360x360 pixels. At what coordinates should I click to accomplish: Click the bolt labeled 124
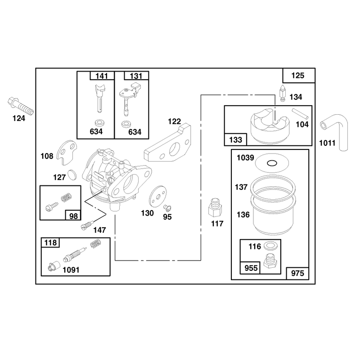[20, 106]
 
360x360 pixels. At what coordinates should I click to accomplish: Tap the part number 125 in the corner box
[297, 76]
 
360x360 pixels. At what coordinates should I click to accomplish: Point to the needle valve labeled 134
[283, 93]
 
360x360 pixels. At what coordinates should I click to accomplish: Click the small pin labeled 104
[300, 114]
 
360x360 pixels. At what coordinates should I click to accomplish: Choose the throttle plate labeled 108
[67, 153]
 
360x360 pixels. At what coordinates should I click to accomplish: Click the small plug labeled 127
[72, 175]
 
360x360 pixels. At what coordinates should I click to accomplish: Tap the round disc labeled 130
[157, 197]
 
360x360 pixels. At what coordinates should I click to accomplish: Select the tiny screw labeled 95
[167, 208]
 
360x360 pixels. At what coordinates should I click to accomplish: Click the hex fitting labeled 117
[215, 207]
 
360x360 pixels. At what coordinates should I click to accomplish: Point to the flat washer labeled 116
[270, 246]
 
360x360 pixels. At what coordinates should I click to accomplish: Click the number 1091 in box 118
[71, 270]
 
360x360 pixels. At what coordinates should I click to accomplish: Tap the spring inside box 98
[66, 198]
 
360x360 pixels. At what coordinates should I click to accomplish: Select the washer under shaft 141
[99, 122]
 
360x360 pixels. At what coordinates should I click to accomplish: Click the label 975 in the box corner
[297, 273]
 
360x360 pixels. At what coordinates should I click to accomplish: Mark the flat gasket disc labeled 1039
[272, 163]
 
